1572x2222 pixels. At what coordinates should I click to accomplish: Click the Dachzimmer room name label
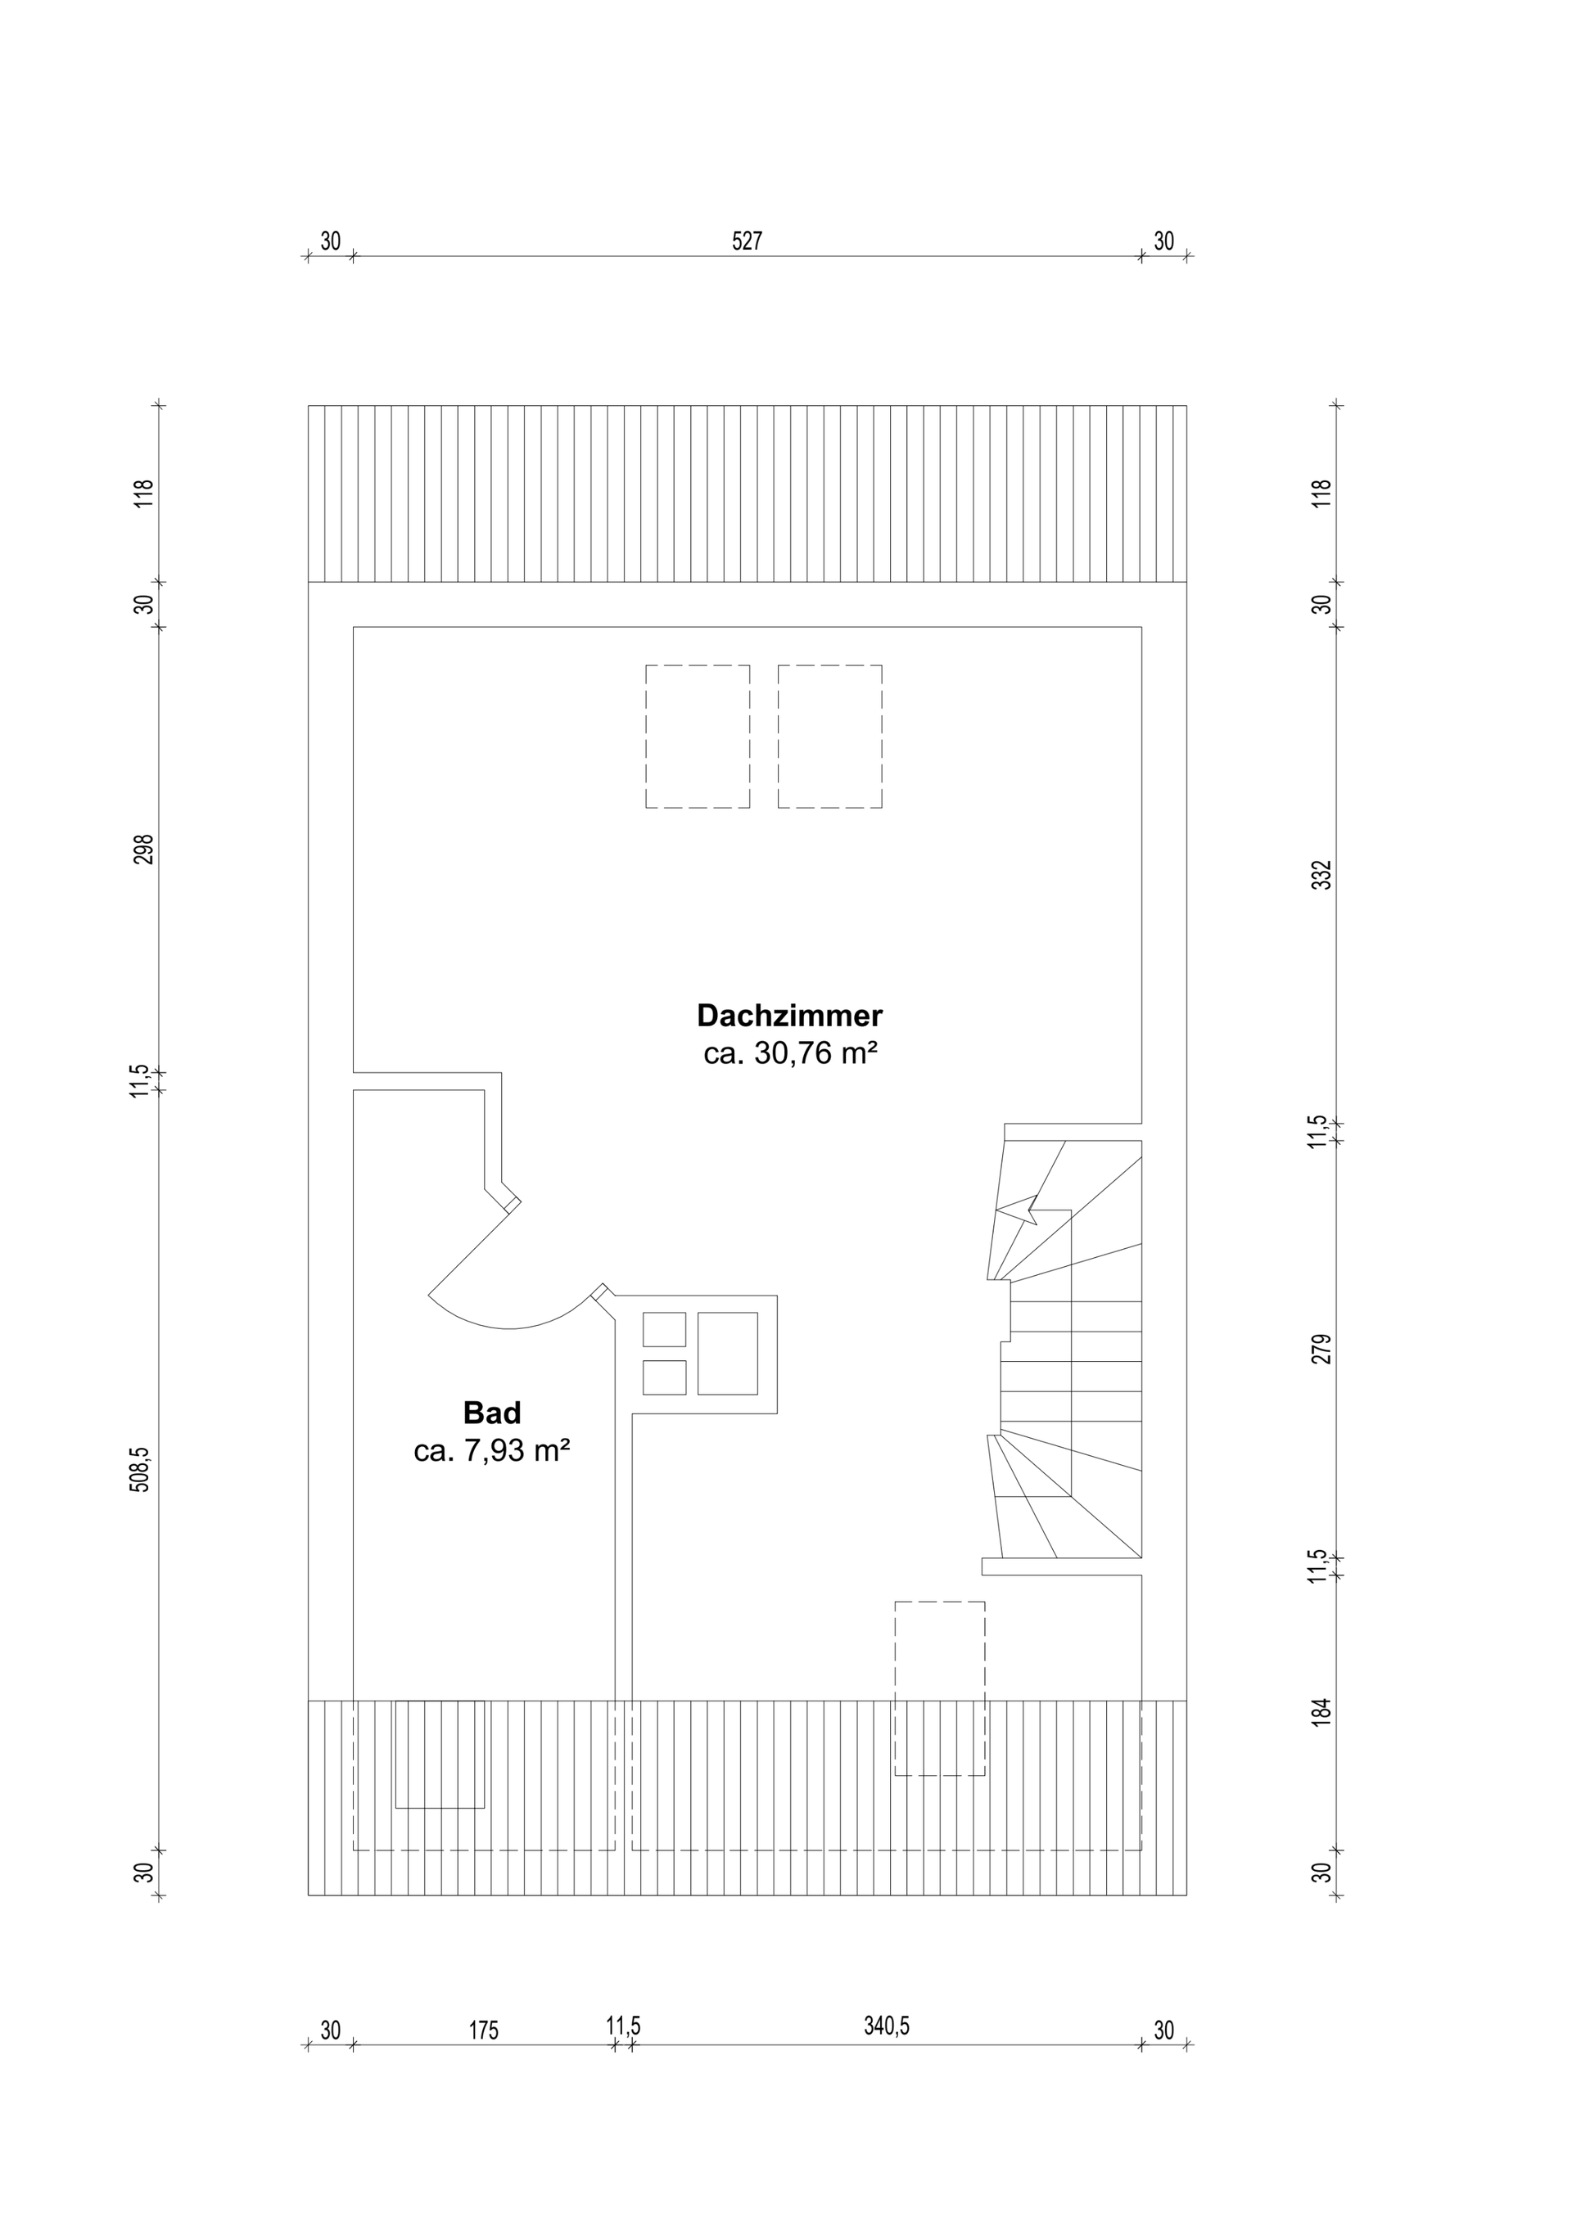point(790,1016)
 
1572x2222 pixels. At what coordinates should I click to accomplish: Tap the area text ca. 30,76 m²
point(790,1054)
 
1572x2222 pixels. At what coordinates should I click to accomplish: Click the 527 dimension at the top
point(748,241)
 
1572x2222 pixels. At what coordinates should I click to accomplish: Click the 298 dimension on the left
point(143,849)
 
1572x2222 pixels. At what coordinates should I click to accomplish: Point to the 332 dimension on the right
point(1322,874)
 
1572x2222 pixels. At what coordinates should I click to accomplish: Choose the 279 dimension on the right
point(1322,1348)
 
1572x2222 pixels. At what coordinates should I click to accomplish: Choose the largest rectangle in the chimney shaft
point(728,1353)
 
